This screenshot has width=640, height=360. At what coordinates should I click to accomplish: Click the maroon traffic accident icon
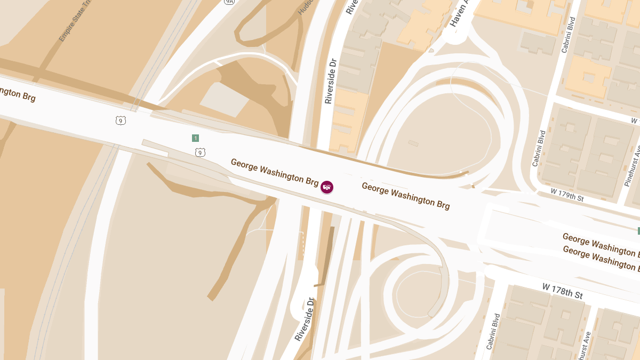327,187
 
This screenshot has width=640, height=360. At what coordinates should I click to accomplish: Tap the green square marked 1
195,138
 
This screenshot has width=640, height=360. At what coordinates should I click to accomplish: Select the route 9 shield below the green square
200,153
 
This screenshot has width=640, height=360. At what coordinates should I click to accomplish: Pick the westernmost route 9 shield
121,121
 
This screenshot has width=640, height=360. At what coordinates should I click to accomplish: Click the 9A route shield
229,2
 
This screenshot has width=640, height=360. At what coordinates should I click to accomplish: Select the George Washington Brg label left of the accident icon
274,172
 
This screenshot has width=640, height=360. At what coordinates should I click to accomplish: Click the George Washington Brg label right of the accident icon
405,195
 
